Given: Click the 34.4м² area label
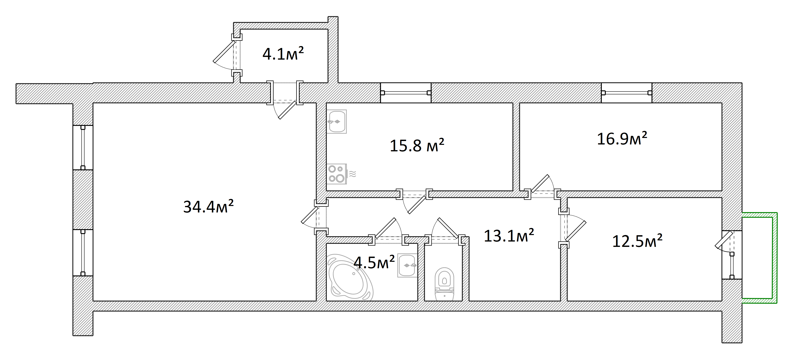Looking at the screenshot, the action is [208, 206].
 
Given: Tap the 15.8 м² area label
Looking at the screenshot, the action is [417, 145].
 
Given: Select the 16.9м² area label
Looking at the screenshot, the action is [622, 138].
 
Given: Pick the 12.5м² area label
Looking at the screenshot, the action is [637, 241].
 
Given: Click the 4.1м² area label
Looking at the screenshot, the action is [283, 54].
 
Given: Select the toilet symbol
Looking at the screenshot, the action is [444, 284].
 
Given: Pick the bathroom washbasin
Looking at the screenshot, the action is [407, 265].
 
